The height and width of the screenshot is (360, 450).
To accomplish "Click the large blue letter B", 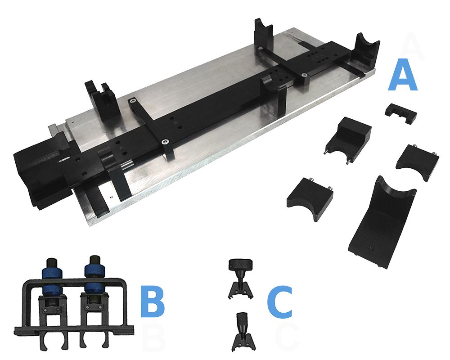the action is (x=153, y=301).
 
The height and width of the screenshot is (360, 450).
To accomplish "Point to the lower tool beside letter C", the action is (x=243, y=332).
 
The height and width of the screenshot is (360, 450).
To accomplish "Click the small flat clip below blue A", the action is (x=401, y=113).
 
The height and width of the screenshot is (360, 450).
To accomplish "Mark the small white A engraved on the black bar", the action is (x=121, y=148).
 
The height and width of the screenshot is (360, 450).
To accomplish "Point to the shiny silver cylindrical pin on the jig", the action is (x=126, y=165).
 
